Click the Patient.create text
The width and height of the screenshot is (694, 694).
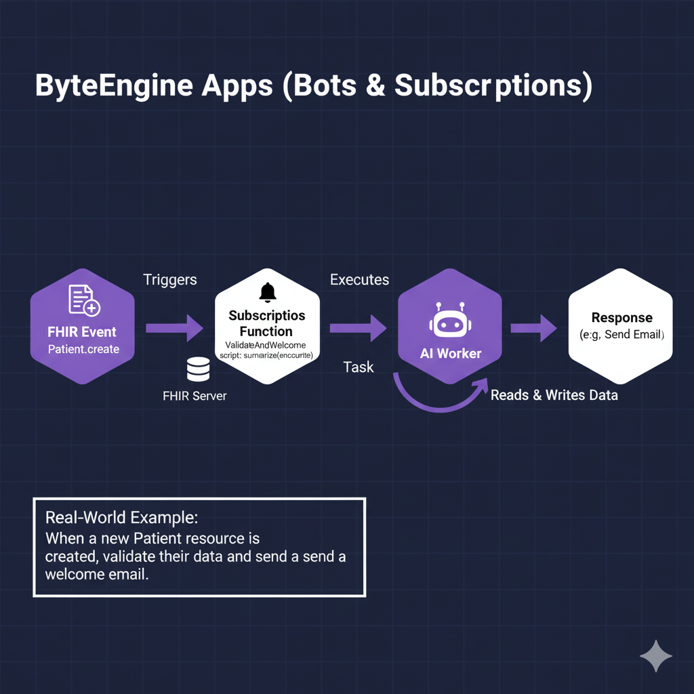pos(83,349)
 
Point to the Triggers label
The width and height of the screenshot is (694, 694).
pos(170,279)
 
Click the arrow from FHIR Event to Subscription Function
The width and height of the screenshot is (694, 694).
pos(174,328)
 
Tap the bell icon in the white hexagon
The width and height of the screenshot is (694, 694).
pos(268,292)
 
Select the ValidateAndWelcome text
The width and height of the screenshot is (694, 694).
pos(266,346)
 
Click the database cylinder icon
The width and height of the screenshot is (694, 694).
pos(198,370)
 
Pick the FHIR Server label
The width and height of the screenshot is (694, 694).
pos(195,396)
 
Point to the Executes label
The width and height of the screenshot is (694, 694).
pos(359,279)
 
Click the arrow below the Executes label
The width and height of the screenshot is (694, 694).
pos(358,328)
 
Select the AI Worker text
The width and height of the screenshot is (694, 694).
pos(450,353)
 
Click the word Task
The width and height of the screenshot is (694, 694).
pos(358,367)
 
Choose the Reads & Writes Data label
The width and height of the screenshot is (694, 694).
pos(554,395)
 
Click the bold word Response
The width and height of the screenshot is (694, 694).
pos(621,318)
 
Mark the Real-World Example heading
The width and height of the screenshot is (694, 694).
pos(121,518)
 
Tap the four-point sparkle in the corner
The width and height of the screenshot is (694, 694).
pos(656,656)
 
